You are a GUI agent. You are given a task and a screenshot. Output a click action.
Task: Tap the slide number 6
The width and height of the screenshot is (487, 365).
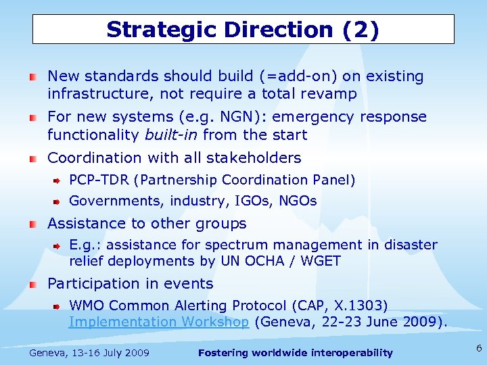coord(478,348)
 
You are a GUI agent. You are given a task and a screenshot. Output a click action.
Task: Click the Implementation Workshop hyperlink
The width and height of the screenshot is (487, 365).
coord(159,322)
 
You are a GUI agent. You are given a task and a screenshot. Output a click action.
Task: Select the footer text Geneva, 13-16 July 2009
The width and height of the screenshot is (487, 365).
coord(90,353)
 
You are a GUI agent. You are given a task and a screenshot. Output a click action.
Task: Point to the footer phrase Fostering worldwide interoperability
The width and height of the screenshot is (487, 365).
coord(296,353)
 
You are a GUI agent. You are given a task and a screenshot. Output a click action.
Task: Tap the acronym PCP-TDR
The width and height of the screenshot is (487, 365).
coord(99,180)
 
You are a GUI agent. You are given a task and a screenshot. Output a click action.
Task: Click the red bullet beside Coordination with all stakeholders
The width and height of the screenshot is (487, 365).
coord(33,158)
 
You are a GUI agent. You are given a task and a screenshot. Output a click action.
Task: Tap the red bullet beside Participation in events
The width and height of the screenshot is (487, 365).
coord(33,284)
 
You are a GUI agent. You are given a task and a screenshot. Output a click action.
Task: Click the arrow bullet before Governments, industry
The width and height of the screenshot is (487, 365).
coord(58,201)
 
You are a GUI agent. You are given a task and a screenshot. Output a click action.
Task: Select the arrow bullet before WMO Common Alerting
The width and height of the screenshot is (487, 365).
coord(58,306)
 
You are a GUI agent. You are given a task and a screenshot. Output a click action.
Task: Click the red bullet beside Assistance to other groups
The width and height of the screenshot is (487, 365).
coord(33,224)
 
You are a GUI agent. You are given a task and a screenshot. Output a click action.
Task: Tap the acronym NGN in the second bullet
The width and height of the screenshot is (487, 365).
coord(193,117)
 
